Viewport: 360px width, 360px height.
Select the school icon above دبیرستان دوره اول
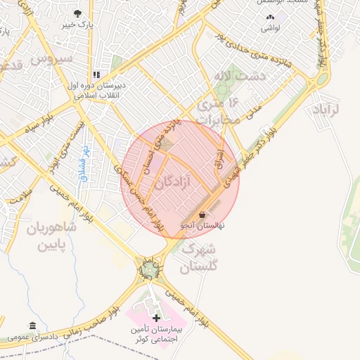pos(97,74)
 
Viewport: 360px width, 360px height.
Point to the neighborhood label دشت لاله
pos(243,76)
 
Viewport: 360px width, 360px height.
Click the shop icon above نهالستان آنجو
pos(202,214)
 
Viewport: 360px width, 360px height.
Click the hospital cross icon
pos(156,319)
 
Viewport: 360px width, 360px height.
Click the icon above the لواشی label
pos(270,17)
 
